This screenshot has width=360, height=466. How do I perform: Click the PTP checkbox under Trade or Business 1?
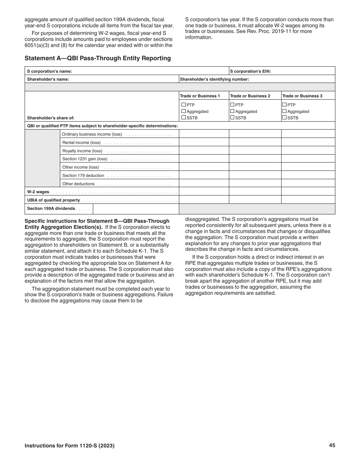click(183, 105)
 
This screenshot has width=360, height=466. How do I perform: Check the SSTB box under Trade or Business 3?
click(284, 117)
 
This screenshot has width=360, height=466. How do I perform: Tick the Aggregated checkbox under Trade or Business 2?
click(232, 111)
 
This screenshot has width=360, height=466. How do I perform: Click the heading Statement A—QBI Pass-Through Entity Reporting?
click(97, 58)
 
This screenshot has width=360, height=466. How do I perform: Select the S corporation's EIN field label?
click(250, 71)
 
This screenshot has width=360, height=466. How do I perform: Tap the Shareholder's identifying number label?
click(214, 79)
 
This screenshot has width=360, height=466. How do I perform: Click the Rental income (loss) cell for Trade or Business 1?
click(203, 142)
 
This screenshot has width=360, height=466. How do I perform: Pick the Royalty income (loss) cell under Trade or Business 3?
click(308, 150)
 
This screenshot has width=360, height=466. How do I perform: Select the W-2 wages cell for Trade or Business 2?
click(255, 191)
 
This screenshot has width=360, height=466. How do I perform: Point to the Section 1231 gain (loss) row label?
click(85, 159)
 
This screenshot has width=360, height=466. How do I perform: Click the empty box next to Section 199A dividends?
click(136, 209)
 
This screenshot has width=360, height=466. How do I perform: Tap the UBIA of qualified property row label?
click(53, 200)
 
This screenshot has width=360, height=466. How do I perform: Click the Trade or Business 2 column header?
click(250, 96)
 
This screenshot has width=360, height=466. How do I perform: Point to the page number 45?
click(332, 446)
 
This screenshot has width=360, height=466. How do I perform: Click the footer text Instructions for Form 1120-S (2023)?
click(69, 446)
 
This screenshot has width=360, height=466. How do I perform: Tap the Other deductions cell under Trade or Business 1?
click(203, 183)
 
